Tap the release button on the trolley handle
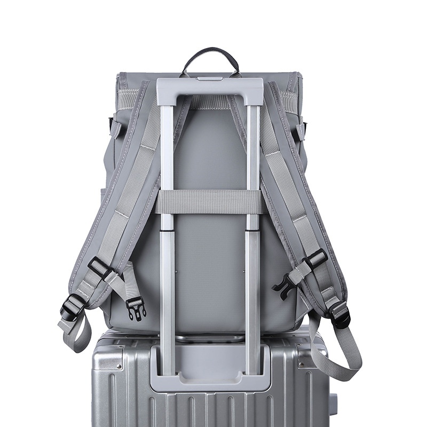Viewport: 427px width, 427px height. pyautogui.click(x=210, y=78)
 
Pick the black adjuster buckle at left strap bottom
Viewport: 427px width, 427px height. pyautogui.click(x=72, y=309)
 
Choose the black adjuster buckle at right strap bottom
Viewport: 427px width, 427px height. pyautogui.click(x=340, y=316)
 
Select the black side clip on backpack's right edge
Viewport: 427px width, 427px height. pyautogui.click(x=304, y=128)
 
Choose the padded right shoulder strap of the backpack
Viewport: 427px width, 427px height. pyautogui.click(x=294, y=187)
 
